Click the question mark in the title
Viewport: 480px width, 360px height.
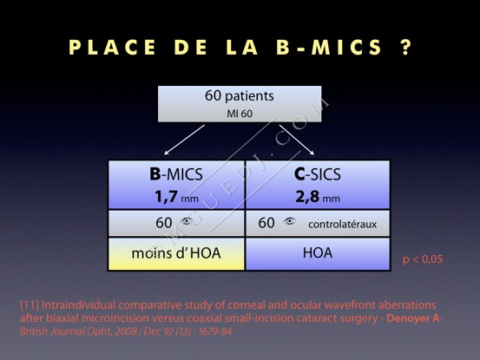(405, 48)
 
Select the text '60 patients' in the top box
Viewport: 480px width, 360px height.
(240, 95)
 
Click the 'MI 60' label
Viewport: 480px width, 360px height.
(240, 114)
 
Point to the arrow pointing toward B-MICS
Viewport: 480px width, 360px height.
(184, 140)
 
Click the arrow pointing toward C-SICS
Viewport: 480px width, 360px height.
(297, 140)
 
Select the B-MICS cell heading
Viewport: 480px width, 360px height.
(176, 174)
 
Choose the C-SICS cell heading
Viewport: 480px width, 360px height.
(318, 174)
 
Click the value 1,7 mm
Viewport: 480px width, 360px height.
(176, 197)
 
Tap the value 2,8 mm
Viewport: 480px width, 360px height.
(318, 197)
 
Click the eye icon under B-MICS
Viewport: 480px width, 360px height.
(187, 221)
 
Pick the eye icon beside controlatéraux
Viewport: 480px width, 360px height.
(289, 221)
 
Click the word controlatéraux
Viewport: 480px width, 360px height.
(343, 225)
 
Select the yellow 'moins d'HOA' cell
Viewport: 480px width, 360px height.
(176, 254)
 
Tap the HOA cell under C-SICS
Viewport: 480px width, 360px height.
(318, 254)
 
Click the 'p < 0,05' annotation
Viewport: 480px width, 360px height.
(423, 259)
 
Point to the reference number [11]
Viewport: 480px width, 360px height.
(30, 305)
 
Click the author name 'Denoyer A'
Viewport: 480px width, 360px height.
(413, 318)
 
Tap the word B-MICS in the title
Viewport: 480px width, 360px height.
(329, 48)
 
